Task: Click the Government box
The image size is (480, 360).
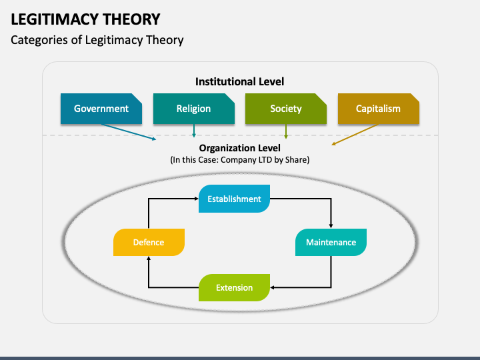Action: click(101, 109)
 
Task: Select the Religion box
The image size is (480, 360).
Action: click(194, 109)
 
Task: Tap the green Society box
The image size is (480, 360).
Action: click(286, 109)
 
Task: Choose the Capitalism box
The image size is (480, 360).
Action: click(379, 109)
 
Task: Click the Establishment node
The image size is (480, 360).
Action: click(234, 199)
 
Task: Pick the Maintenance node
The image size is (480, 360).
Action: click(331, 242)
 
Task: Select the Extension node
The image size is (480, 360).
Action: click(234, 287)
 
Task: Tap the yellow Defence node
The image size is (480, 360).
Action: click(149, 242)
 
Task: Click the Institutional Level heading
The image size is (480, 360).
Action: click(240, 82)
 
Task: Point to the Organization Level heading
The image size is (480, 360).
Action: click(240, 148)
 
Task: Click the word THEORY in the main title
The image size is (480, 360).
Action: click(131, 19)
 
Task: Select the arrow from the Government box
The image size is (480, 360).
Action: click(129, 132)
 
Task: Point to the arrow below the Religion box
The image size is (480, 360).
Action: click(194, 131)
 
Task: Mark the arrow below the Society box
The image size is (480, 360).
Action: click(286, 131)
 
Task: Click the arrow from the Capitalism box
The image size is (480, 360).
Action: click(355, 135)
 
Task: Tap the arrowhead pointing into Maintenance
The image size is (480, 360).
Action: click(331, 226)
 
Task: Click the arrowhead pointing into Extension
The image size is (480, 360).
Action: click(273, 287)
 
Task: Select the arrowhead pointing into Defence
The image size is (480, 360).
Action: click(149, 259)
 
